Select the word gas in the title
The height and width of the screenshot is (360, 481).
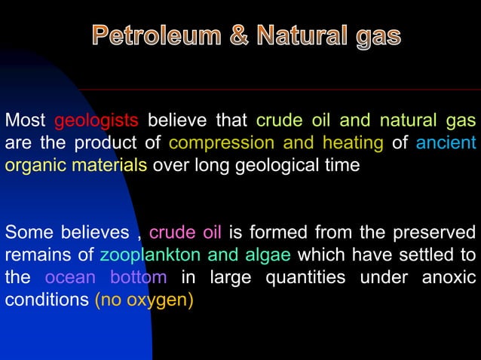pyautogui.click(x=374, y=35)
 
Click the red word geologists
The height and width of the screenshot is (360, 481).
pyautogui.click(x=97, y=121)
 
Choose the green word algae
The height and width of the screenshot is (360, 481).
pyautogui.click(x=269, y=254)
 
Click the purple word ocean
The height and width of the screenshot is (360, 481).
pyautogui.click(x=70, y=276)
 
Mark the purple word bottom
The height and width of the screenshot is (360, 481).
pyautogui.click(x=139, y=276)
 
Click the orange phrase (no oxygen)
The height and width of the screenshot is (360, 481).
pyautogui.click(x=143, y=299)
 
